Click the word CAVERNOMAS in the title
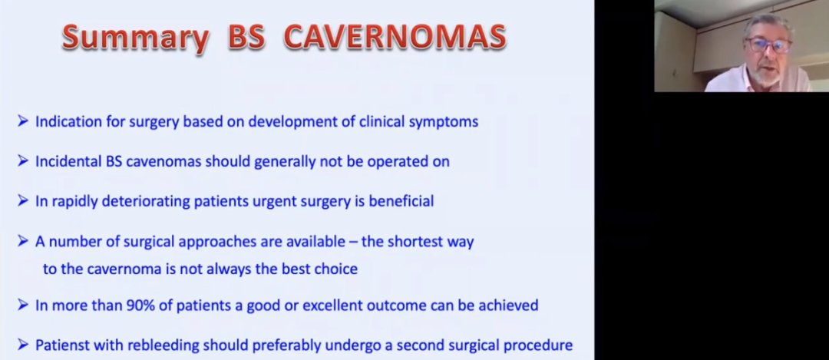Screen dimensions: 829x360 click(x=395, y=37)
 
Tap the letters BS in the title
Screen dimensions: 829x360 click(x=246, y=37)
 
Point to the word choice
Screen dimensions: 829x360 click(x=335, y=269)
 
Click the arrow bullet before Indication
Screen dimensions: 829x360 click(x=23, y=121)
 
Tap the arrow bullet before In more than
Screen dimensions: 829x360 click(x=23, y=305)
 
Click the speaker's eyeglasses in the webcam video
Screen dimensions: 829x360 click(x=770, y=45)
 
